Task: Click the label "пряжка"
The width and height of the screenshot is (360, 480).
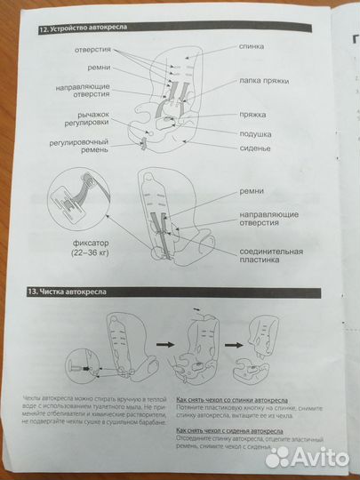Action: click(252, 115)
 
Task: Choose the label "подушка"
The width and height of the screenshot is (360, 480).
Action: click(255, 133)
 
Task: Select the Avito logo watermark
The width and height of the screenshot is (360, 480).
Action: click(306, 457)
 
